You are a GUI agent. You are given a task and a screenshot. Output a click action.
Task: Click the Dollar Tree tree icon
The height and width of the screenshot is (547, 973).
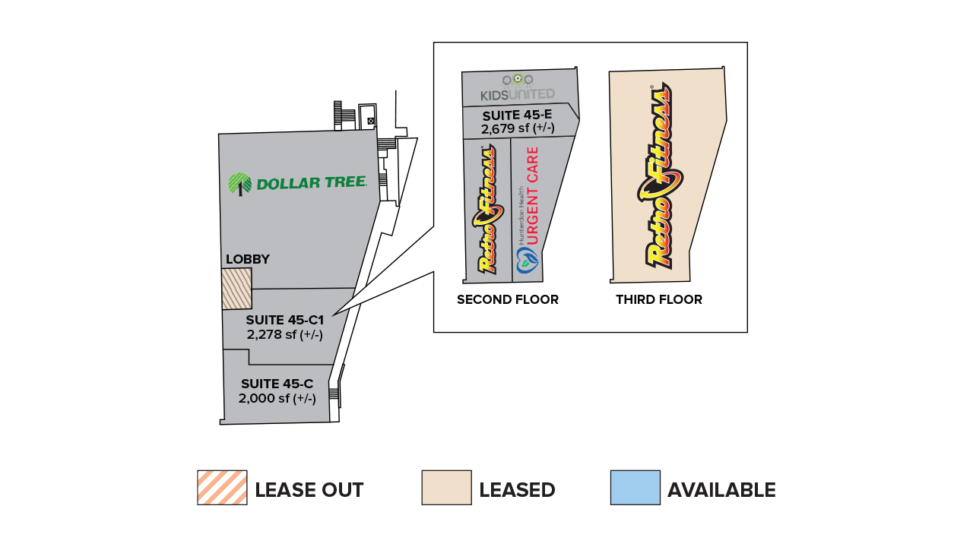(239, 184)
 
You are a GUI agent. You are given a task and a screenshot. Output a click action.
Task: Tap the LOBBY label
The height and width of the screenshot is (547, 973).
(248, 259)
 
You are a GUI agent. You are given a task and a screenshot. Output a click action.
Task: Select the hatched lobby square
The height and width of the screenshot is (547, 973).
(236, 289)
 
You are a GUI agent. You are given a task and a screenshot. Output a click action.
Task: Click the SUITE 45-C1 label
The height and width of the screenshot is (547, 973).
(285, 321)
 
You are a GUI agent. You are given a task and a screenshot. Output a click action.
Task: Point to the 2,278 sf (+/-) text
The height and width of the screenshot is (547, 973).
(285, 335)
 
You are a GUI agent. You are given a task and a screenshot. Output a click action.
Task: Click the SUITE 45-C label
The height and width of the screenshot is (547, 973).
(277, 384)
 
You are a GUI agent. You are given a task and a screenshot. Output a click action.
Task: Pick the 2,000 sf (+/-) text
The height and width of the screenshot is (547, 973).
(277, 399)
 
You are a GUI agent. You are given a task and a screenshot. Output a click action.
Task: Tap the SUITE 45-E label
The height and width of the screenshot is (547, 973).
(518, 115)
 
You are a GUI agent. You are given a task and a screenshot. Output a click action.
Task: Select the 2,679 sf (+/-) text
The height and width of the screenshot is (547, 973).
(518, 128)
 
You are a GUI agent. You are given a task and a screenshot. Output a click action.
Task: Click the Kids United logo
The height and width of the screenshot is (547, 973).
(518, 87)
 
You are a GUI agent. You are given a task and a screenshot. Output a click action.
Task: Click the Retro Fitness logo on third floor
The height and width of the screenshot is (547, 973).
(659, 175)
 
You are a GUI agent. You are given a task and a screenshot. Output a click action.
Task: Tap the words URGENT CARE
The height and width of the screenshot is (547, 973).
(533, 195)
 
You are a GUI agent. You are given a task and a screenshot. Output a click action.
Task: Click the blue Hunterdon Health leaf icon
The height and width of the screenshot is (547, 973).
(528, 260)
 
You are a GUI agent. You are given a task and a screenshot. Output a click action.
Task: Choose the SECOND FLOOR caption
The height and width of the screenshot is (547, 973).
(508, 299)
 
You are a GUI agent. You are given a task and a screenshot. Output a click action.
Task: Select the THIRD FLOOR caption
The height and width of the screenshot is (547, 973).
(659, 299)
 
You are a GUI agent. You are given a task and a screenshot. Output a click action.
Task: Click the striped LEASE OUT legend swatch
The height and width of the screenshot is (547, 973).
(223, 488)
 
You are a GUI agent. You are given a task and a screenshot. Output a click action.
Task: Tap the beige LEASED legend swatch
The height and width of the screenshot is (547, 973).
(446, 488)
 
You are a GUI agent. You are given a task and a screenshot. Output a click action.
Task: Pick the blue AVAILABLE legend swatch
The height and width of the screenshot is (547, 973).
(635, 488)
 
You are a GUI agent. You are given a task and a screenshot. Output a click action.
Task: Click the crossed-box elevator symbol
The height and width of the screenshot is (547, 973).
(370, 121)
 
